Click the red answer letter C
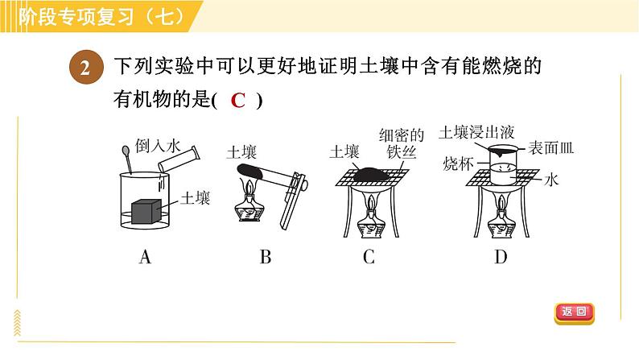(x=237, y=101)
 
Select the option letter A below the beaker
(x=146, y=258)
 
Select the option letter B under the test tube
(x=266, y=258)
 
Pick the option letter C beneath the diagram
(x=369, y=258)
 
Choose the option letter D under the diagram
(x=501, y=258)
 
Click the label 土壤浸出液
(x=472, y=130)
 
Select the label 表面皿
(x=550, y=149)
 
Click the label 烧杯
(x=456, y=164)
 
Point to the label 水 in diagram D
(x=551, y=180)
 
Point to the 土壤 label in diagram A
(x=196, y=197)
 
